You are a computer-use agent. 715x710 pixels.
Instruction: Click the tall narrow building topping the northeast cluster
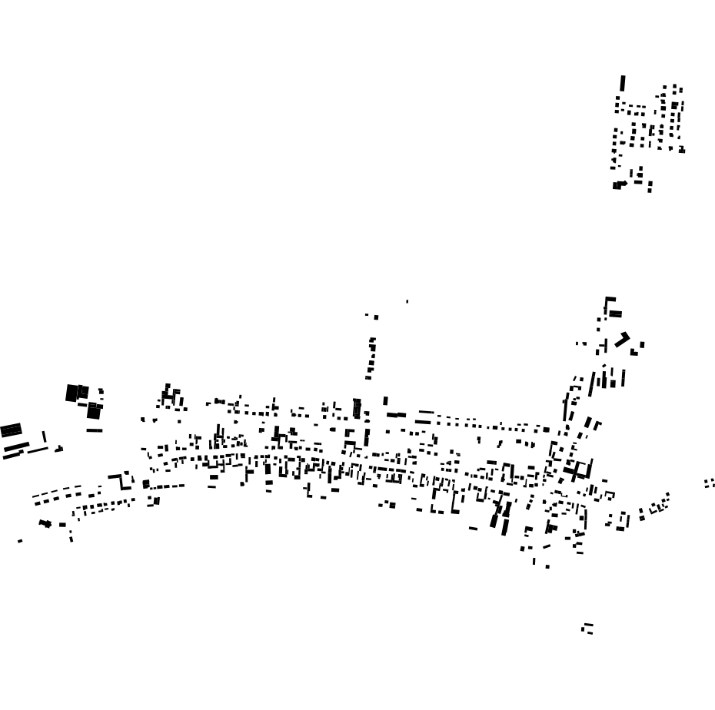(x=623, y=83)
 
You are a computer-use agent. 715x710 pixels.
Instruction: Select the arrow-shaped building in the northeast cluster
(x=619, y=185)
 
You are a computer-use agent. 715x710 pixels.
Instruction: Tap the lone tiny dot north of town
(x=407, y=301)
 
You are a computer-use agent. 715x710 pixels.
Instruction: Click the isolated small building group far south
(x=587, y=629)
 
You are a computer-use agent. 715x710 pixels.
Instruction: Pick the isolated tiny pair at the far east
(x=709, y=483)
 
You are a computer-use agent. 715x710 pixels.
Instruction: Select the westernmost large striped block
(x=11, y=430)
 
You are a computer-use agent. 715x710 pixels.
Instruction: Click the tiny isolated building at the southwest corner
(x=20, y=541)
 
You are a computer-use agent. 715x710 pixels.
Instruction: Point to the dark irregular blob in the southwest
(x=45, y=524)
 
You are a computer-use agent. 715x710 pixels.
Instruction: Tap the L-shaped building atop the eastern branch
(x=610, y=304)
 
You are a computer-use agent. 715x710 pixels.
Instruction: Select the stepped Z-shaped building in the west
(x=120, y=479)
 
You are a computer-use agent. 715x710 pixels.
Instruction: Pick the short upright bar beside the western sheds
(x=44, y=436)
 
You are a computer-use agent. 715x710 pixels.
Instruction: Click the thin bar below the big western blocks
(x=95, y=430)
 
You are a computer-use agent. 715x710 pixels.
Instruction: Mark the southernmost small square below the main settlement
(x=547, y=567)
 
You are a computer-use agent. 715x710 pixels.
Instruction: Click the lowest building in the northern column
(x=368, y=377)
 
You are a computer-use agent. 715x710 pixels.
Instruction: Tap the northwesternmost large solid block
(x=72, y=393)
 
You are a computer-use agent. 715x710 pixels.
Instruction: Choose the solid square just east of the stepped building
(x=146, y=484)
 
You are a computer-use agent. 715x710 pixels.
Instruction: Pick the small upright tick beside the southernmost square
(x=534, y=561)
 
